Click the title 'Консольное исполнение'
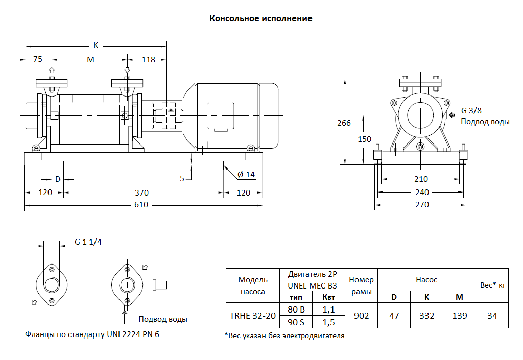tap(261, 19)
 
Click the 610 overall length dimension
tap(141, 205)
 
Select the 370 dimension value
tap(141, 193)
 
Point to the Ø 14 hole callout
tap(246, 174)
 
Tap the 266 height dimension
tap(344, 123)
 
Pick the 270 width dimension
tap(422, 205)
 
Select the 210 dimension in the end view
tap(421, 179)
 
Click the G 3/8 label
tap(471, 110)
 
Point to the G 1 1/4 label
tap(88, 242)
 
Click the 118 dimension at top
tap(148, 60)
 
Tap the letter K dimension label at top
tap(96, 45)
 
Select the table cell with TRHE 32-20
tap(252, 316)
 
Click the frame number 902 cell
tap(361, 316)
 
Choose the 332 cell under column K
tap(426, 316)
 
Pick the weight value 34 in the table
tap(492, 316)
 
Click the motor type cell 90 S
tap(296, 322)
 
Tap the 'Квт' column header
tap(328, 297)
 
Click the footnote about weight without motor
tap(284, 336)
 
